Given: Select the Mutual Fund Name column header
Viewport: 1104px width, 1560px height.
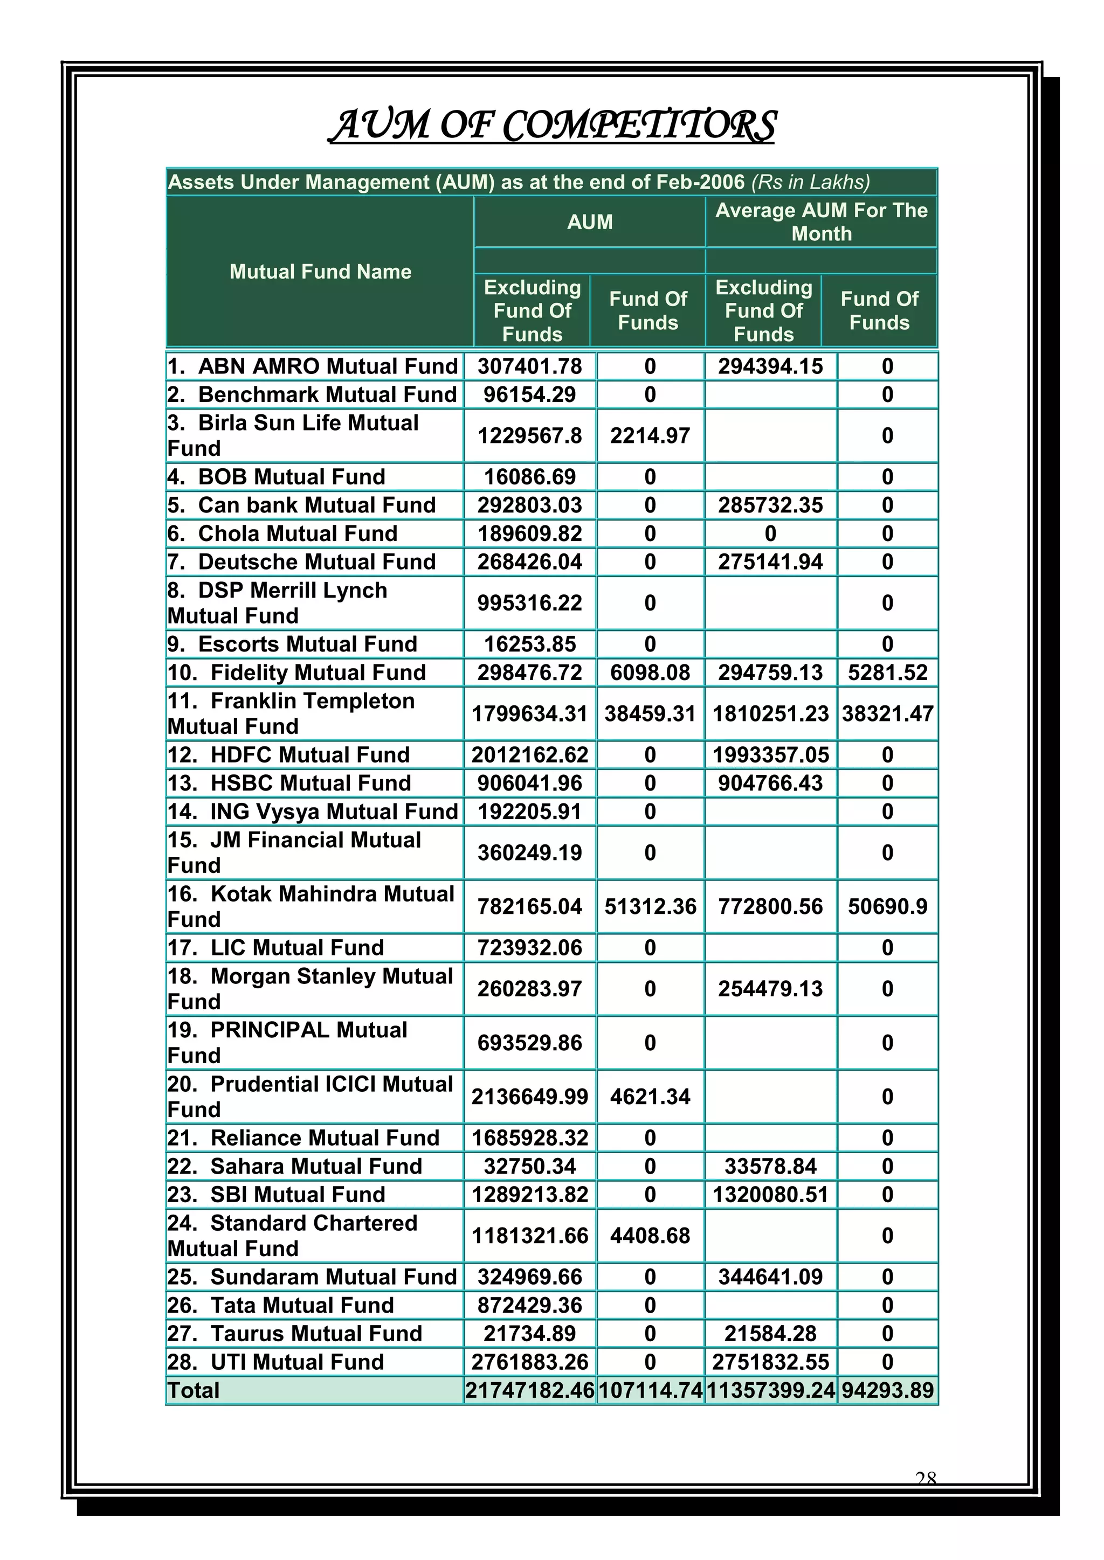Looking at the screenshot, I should [x=320, y=272].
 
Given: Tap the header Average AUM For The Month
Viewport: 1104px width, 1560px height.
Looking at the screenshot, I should [x=821, y=221].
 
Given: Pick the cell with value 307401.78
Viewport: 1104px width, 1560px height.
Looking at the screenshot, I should [x=529, y=366].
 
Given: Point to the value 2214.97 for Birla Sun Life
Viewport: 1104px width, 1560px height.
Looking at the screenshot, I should [x=650, y=435].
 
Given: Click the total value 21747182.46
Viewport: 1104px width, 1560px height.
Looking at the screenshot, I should [x=529, y=1390].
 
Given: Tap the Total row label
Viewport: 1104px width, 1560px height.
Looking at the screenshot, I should [x=194, y=1390].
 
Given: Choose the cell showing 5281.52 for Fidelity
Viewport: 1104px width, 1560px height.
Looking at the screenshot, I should [x=887, y=672].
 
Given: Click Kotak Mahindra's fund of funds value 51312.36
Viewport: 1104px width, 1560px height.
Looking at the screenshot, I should [x=650, y=906].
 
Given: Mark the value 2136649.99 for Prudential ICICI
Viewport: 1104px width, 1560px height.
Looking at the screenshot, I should [x=529, y=1096].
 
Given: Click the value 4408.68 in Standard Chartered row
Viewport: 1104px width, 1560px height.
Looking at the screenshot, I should [x=650, y=1235].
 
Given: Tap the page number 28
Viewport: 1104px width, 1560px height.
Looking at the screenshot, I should [x=926, y=1479].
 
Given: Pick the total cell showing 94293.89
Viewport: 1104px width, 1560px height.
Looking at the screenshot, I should [x=887, y=1390].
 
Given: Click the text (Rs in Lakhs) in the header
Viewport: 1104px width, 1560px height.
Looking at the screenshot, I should [x=810, y=182].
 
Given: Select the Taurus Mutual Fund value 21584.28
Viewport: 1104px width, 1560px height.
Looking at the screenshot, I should [x=770, y=1333].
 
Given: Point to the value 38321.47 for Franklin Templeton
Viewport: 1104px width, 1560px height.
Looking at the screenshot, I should [x=887, y=713].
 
